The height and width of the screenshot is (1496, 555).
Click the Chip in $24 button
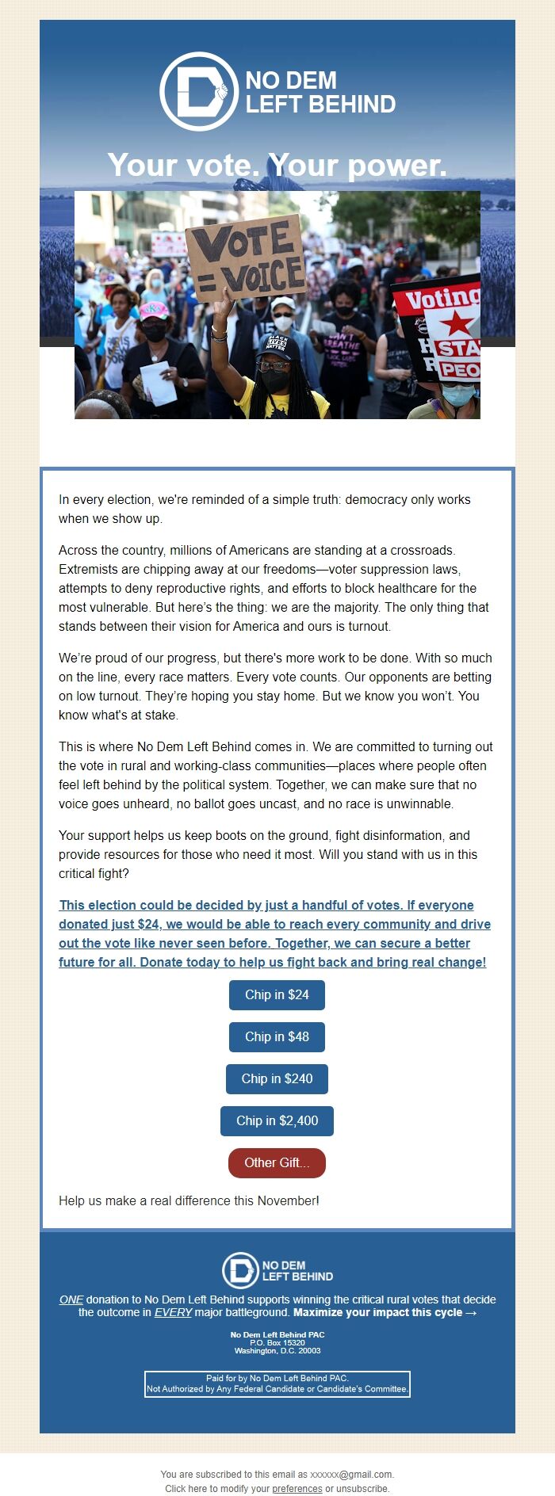point(277,994)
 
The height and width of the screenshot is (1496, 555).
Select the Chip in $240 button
point(277,1078)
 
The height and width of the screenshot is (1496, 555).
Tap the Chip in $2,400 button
point(277,1120)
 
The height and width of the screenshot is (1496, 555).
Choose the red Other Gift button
point(277,1162)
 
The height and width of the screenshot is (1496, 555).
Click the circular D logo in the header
point(198,91)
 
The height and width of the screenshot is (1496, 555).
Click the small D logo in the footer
point(239,1270)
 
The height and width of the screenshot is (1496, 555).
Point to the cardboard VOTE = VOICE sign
point(246,258)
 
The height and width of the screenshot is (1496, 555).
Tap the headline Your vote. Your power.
point(277,165)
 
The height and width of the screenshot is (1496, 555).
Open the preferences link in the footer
point(297,1488)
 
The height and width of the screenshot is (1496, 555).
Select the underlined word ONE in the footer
point(71,1299)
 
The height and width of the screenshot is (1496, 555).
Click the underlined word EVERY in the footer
point(173,1312)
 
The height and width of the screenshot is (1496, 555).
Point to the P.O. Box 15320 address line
point(277,1342)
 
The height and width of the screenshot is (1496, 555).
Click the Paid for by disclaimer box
point(277,1383)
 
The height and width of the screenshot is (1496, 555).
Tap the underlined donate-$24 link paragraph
point(274,933)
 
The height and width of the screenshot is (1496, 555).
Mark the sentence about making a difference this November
point(189,1200)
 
